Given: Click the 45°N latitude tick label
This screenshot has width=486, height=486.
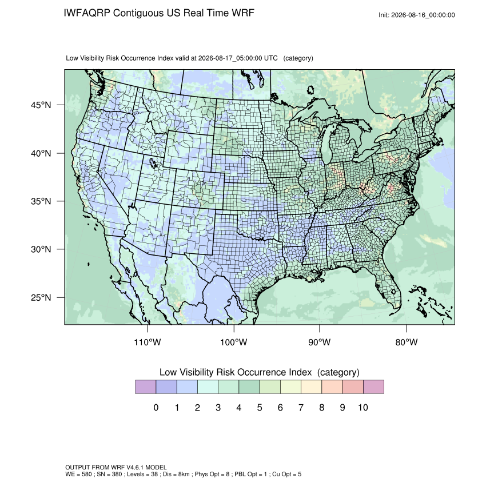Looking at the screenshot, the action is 41,105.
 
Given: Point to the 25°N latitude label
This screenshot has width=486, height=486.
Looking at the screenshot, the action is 41,297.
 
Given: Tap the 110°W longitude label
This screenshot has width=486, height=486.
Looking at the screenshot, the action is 148,342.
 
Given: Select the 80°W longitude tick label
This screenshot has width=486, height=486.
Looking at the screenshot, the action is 407,342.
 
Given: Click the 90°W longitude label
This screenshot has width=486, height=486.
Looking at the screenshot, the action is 319,342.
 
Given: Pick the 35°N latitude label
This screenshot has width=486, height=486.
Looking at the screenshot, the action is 41,201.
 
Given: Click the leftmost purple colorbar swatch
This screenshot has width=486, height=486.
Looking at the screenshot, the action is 145,387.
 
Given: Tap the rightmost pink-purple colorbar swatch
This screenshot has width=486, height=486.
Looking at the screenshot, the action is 373,387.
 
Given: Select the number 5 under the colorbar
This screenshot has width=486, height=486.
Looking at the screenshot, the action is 260,408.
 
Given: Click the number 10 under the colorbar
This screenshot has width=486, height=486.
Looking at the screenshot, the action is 363,408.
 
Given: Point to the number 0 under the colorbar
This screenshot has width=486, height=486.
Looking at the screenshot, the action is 156,408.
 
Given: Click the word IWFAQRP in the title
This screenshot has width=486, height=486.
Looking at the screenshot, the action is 87,13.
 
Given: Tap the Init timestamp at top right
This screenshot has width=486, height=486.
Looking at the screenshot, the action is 417,15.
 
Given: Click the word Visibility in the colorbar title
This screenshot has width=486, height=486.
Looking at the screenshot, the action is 197,372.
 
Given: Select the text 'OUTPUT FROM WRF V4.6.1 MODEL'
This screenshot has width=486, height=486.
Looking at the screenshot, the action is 116,467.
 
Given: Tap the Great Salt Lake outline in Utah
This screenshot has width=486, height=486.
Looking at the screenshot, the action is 153,163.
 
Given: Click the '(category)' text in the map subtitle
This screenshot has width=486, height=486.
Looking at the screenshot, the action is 298,58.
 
